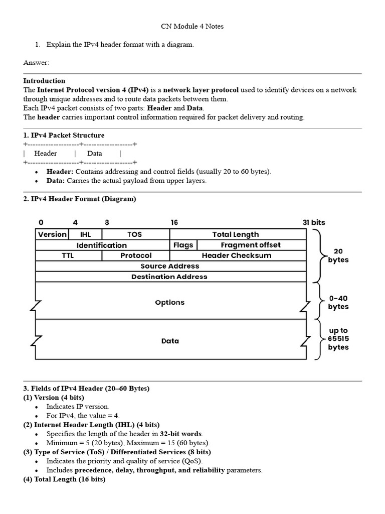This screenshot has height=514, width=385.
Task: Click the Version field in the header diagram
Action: point(52,234)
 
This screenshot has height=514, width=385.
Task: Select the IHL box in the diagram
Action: point(86,234)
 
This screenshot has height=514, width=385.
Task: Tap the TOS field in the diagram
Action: point(135,234)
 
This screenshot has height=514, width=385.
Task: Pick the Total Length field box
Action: point(236,234)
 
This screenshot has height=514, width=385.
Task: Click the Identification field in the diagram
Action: point(102,245)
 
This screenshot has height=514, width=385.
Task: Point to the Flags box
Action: point(183,245)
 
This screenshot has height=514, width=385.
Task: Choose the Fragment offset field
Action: point(251,245)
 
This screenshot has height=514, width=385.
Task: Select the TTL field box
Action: point(68,255)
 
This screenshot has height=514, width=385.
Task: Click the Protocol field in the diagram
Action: point(136,255)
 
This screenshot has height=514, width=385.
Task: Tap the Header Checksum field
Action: point(237,255)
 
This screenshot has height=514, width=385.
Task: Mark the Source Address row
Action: point(170,266)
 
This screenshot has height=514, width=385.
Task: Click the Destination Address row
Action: point(169,277)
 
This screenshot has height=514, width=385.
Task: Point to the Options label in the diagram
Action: point(170,302)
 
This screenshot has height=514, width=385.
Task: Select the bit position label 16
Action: point(174,222)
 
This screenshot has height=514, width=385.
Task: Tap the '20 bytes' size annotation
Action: point(338,255)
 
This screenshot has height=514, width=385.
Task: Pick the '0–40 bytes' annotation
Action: point(338,302)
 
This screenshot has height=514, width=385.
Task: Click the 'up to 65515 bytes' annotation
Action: point(338,339)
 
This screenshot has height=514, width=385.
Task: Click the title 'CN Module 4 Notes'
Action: point(192,26)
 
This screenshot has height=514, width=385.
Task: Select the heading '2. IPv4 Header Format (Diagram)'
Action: point(79,199)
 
